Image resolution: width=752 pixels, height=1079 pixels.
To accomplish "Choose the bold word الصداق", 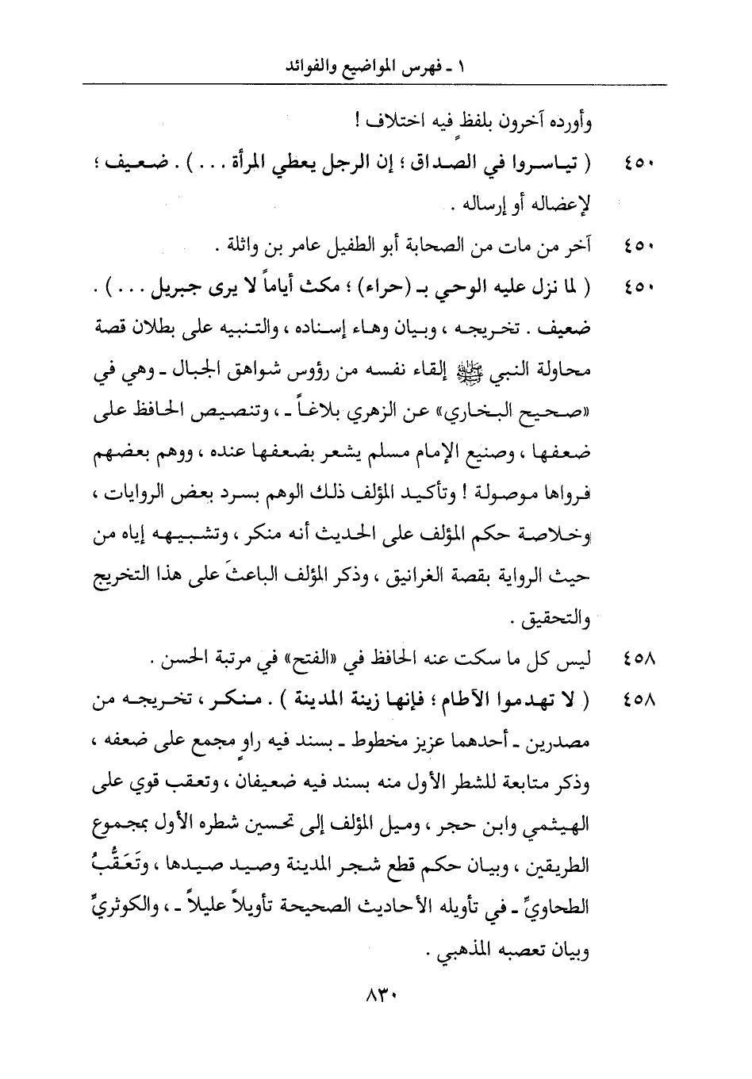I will tap(460, 166).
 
